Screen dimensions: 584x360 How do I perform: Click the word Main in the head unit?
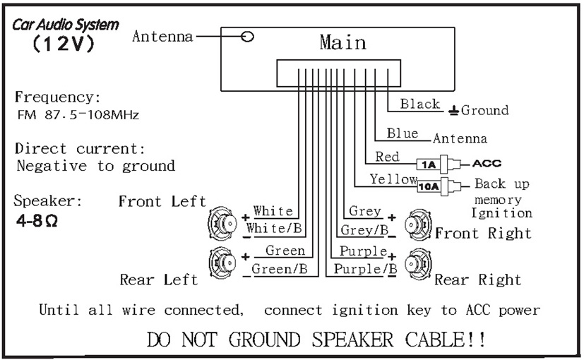342,42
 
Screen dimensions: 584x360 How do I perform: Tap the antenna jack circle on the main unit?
247,37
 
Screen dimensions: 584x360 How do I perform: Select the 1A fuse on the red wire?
429,164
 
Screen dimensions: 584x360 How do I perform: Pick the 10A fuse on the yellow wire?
429,186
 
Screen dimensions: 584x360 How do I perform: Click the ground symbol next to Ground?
453,111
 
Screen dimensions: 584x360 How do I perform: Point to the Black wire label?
420,104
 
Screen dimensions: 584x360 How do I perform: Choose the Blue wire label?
403,133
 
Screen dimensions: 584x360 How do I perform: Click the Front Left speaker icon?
222,223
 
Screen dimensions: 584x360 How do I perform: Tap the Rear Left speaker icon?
222,263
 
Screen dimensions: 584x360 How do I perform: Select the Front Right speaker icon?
418,224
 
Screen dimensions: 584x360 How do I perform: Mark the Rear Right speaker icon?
418,264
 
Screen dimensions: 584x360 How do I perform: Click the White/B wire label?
274,228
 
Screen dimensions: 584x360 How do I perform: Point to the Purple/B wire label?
365,268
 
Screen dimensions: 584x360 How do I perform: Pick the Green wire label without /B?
285,251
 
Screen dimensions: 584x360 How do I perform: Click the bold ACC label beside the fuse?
487,164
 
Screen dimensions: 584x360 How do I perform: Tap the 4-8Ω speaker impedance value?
37,221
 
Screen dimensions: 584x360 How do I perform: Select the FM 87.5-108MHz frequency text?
78,114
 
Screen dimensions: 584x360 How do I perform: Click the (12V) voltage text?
64,44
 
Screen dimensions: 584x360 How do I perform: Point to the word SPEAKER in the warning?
352,339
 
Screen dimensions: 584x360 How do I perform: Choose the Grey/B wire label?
364,230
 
